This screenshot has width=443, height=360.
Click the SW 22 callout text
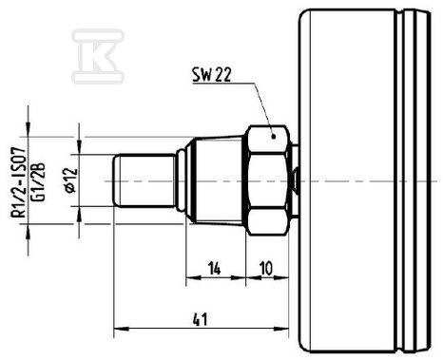(x=212, y=75)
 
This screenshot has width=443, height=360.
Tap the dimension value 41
(x=201, y=319)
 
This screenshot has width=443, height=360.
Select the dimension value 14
(x=214, y=269)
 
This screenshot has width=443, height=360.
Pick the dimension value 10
(x=266, y=269)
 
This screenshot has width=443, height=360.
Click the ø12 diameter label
(x=71, y=180)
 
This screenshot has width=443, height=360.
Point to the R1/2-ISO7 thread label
(x=18, y=182)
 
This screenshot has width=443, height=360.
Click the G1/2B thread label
(x=39, y=182)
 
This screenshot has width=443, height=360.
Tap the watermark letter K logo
(x=98, y=57)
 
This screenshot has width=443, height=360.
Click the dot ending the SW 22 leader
(x=273, y=137)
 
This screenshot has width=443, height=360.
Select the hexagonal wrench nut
(x=268, y=180)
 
